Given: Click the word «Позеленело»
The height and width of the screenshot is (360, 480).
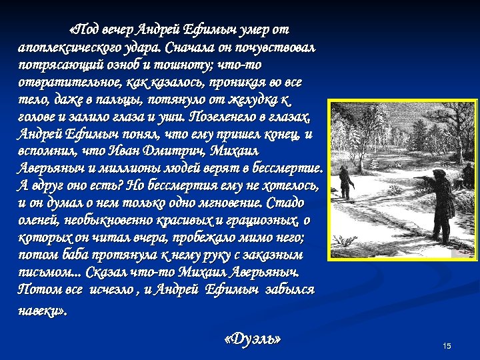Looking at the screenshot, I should click(x=224, y=118).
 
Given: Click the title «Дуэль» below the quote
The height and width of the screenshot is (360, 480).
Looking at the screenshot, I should click(x=253, y=340).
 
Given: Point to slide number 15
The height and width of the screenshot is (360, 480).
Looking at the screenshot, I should click(x=447, y=345).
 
